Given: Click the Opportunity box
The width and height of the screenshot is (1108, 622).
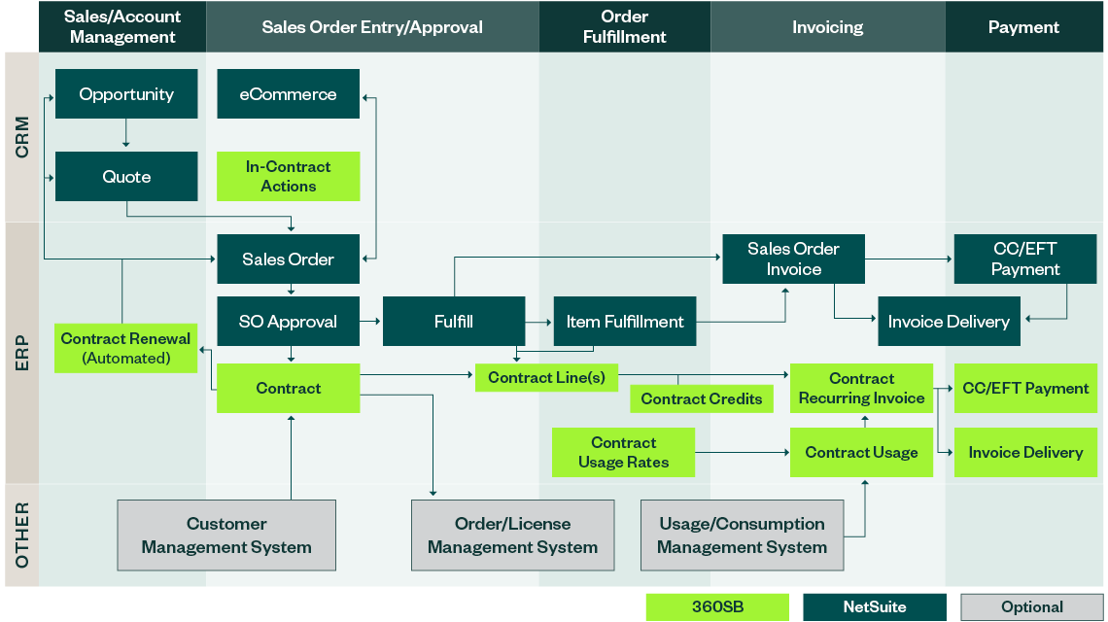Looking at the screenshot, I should (126, 94).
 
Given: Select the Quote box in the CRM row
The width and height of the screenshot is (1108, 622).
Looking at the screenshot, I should (126, 177).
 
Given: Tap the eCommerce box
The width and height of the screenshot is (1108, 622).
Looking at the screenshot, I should (288, 94).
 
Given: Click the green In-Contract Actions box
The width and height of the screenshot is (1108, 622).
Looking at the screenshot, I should (288, 177).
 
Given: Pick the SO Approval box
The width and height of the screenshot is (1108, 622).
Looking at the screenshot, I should (288, 322).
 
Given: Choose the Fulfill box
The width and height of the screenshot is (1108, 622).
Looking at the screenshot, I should (453, 322).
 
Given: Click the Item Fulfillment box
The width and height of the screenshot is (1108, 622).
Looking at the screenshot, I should (625, 322).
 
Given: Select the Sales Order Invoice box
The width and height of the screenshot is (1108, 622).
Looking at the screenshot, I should (793, 259).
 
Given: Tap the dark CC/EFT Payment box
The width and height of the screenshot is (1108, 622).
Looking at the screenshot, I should (1025, 259).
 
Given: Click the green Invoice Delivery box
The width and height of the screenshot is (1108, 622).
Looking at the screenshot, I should (1025, 452).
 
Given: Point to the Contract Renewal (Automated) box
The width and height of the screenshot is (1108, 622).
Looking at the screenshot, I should (126, 348).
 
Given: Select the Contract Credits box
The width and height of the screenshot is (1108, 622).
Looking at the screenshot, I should (702, 398).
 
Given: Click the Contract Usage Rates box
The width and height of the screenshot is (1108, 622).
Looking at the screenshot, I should (623, 452).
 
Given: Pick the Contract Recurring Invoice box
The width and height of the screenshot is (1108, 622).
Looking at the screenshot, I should (861, 388).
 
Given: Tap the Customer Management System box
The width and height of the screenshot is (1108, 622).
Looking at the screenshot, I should (226, 536).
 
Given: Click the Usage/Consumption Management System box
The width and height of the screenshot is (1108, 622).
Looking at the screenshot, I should (742, 536).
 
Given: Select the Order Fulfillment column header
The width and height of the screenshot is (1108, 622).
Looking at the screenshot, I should (625, 27).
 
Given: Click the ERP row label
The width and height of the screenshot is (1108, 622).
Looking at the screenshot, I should (21, 353).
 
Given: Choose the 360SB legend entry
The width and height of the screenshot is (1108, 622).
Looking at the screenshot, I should (717, 607).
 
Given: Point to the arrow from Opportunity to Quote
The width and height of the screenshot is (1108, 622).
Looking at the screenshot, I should (126, 134).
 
